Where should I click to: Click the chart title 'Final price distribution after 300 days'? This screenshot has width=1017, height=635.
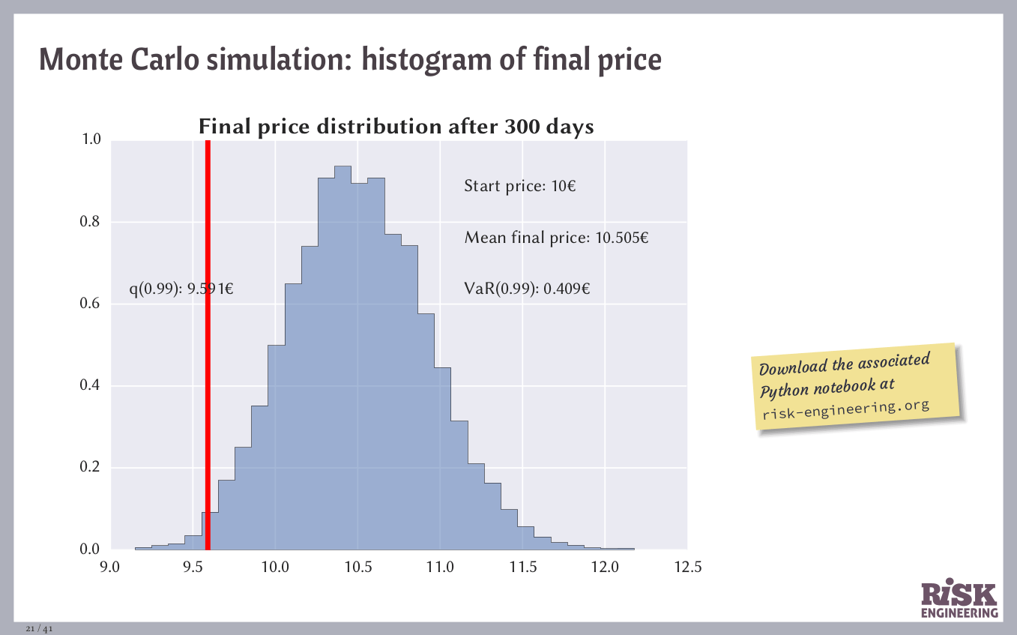coord(396,127)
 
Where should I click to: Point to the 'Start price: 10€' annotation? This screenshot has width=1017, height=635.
coord(519,186)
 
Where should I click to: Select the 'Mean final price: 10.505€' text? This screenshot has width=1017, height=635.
coord(556,238)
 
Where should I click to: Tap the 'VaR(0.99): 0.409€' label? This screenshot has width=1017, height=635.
coord(527,289)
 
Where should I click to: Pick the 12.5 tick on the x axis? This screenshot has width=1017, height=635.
coord(687,568)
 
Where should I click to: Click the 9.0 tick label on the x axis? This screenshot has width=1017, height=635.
coord(110,568)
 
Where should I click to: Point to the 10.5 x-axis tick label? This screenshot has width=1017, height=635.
coord(357,568)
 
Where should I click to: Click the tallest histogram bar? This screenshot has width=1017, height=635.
coord(342,360)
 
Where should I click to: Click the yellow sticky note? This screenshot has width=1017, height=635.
coord(857,387)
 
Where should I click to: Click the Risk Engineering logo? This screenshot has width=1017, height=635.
coord(959,600)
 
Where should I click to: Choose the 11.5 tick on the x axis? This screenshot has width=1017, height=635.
coord(522,568)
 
